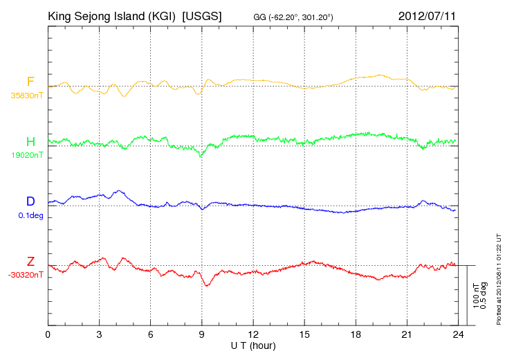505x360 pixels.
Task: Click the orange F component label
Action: click(x=30, y=81)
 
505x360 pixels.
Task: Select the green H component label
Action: click(x=30, y=141)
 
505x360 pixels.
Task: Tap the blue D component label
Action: click(x=30, y=201)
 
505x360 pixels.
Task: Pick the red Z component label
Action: click(x=30, y=261)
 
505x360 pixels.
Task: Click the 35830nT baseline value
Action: click(x=27, y=96)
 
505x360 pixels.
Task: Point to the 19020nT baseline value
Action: click(x=27, y=155)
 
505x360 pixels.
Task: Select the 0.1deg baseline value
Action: click(x=30, y=215)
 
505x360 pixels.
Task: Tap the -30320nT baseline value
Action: click(x=26, y=276)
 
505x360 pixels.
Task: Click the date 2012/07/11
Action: click(x=427, y=16)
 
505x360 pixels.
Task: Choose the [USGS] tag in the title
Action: click(x=202, y=16)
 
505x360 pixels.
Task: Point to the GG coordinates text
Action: click(x=293, y=17)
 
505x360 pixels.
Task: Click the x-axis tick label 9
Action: click(x=201, y=334)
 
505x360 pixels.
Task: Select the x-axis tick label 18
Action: click(x=356, y=334)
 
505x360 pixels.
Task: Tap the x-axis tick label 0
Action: click(x=48, y=334)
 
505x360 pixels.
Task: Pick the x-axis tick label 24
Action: click(x=458, y=334)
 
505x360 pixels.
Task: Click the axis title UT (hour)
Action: click(x=253, y=346)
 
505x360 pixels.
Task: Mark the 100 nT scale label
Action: click(x=476, y=296)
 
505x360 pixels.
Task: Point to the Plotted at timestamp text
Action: click(x=499, y=279)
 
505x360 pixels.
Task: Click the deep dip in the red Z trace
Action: click(x=207, y=285)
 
